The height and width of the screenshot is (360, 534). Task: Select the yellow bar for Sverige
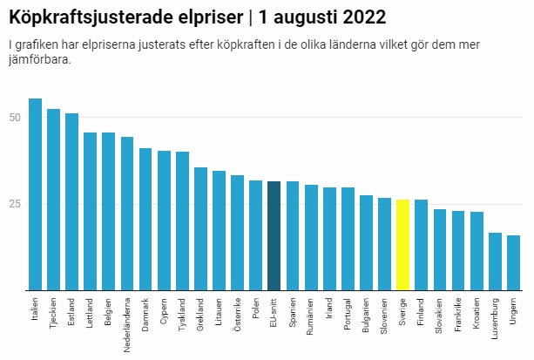(402, 245)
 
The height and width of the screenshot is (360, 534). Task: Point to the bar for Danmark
(145, 219)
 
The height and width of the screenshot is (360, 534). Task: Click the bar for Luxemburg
(495, 262)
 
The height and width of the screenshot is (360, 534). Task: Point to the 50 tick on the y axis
(15, 118)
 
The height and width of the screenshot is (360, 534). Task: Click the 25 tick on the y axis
(15, 204)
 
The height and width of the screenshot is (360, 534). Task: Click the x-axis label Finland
(422, 311)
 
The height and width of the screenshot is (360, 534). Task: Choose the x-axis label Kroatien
(477, 314)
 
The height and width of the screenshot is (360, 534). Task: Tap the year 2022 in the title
(361, 17)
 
